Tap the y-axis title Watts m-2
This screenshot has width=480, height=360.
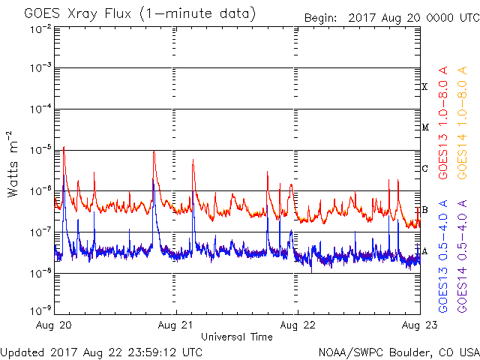(x=13, y=163)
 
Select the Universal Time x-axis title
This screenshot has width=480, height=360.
(x=236, y=337)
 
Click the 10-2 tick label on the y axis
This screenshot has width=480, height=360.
(x=40, y=28)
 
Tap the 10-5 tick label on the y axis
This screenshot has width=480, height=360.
(x=40, y=150)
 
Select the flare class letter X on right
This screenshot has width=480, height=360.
(x=424, y=87)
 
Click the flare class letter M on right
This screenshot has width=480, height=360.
(x=424, y=127)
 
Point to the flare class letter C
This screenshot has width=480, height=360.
(x=424, y=169)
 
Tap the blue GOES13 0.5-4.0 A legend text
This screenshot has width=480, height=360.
(x=443, y=256)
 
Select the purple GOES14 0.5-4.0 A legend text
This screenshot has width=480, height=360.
(x=463, y=256)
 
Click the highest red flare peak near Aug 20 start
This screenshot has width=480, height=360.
(x=64, y=148)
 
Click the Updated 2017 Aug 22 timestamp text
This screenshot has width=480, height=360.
(x=101, y=351)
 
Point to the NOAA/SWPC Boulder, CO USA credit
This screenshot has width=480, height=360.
(x=398, y=351)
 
